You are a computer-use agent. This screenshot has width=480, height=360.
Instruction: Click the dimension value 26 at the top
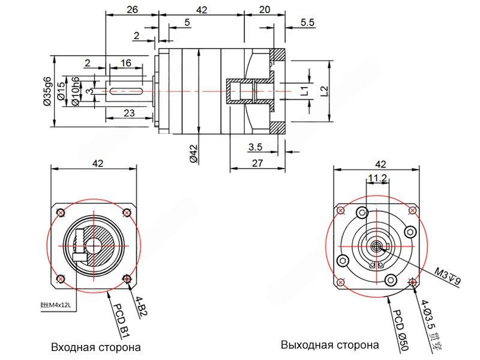click(x=132, y=10)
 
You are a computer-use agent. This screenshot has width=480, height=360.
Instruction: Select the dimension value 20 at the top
click(x=265, y=10)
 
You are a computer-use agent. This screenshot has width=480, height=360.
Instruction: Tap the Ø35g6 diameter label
click(x=47, y=91)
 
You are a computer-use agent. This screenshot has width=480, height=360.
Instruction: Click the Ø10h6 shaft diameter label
click(x=76, y=91)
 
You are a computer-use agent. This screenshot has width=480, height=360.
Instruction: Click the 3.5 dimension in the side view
click(x=254, y=147)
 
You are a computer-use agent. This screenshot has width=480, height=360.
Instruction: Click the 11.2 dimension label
click(x=377, y=178)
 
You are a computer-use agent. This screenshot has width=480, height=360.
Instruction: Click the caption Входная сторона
click(x=96, y=347)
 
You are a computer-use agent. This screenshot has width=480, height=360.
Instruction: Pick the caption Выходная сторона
click(x=330, y=345)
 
